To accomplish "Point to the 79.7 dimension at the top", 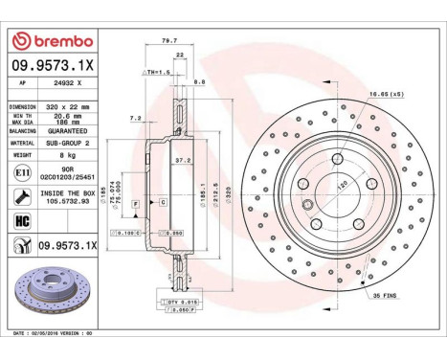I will coord(168,41).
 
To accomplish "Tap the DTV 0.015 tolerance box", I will coord(179,303).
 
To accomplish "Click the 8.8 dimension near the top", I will coord(201,84).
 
